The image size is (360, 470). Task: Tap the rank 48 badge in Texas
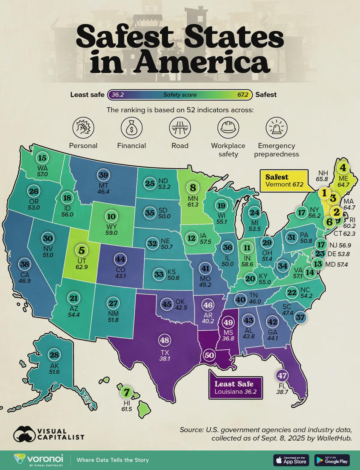tap(164, 340)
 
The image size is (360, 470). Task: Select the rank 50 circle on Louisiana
tap(209, 355)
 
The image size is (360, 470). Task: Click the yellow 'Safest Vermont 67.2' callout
tap(284, 180)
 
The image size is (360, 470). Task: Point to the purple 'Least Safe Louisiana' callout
tap(235, 387)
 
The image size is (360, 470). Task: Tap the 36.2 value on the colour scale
tap(118, 95)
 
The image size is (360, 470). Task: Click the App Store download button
tap(291, 460)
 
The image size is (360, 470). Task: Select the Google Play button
tap(332, 460)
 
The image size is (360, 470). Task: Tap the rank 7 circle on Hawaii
tap(126, 392)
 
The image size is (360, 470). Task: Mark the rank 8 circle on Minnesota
tap(193, 188)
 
